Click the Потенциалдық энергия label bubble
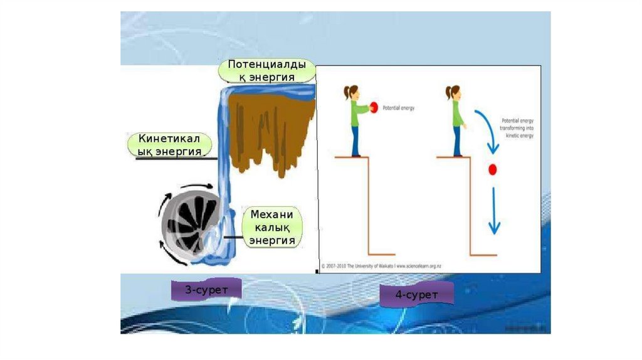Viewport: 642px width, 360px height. pyautogui.click(x=267, y=70)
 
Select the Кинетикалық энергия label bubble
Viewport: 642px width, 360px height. pyautogui.click(x=169, y=144)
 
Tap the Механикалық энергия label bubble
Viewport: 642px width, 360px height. pyautogui.click(x=272, y=226)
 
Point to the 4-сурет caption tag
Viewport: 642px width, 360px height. pyautogui.click(x=416, y=294)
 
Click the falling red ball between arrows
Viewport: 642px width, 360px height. pyautogui.click(x=492, y=169)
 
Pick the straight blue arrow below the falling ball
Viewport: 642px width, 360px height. pyautogui.click(x=494, y=210)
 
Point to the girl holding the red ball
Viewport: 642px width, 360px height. pyautogui.click(x=357, y=119)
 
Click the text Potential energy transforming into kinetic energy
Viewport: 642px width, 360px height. pyautogui.click(x=518, y=127)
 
